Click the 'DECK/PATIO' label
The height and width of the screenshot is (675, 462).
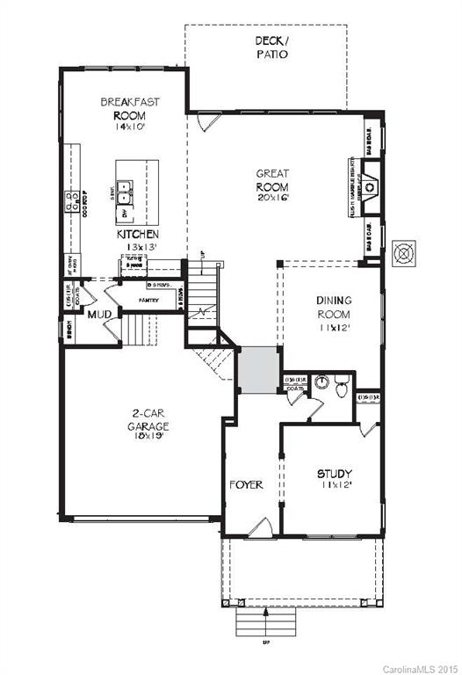(x=271, y=47)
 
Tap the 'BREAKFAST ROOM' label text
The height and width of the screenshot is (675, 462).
(x=129, y=108)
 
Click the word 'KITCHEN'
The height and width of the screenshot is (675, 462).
(x=137, y=236)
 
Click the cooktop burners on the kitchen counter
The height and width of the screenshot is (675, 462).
(x=69, y=201)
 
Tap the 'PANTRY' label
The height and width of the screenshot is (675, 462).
(x=148, y=301)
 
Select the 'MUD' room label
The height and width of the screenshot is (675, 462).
(x=98, y=313)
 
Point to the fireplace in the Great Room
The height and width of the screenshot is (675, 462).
(x=370, y=186)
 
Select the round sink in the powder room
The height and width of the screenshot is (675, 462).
(x=321, y=382)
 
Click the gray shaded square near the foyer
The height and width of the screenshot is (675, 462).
(x=258, y=369)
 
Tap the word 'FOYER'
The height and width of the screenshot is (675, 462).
(x=246, y=485)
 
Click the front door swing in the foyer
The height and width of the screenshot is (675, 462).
(x=261, y=527)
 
